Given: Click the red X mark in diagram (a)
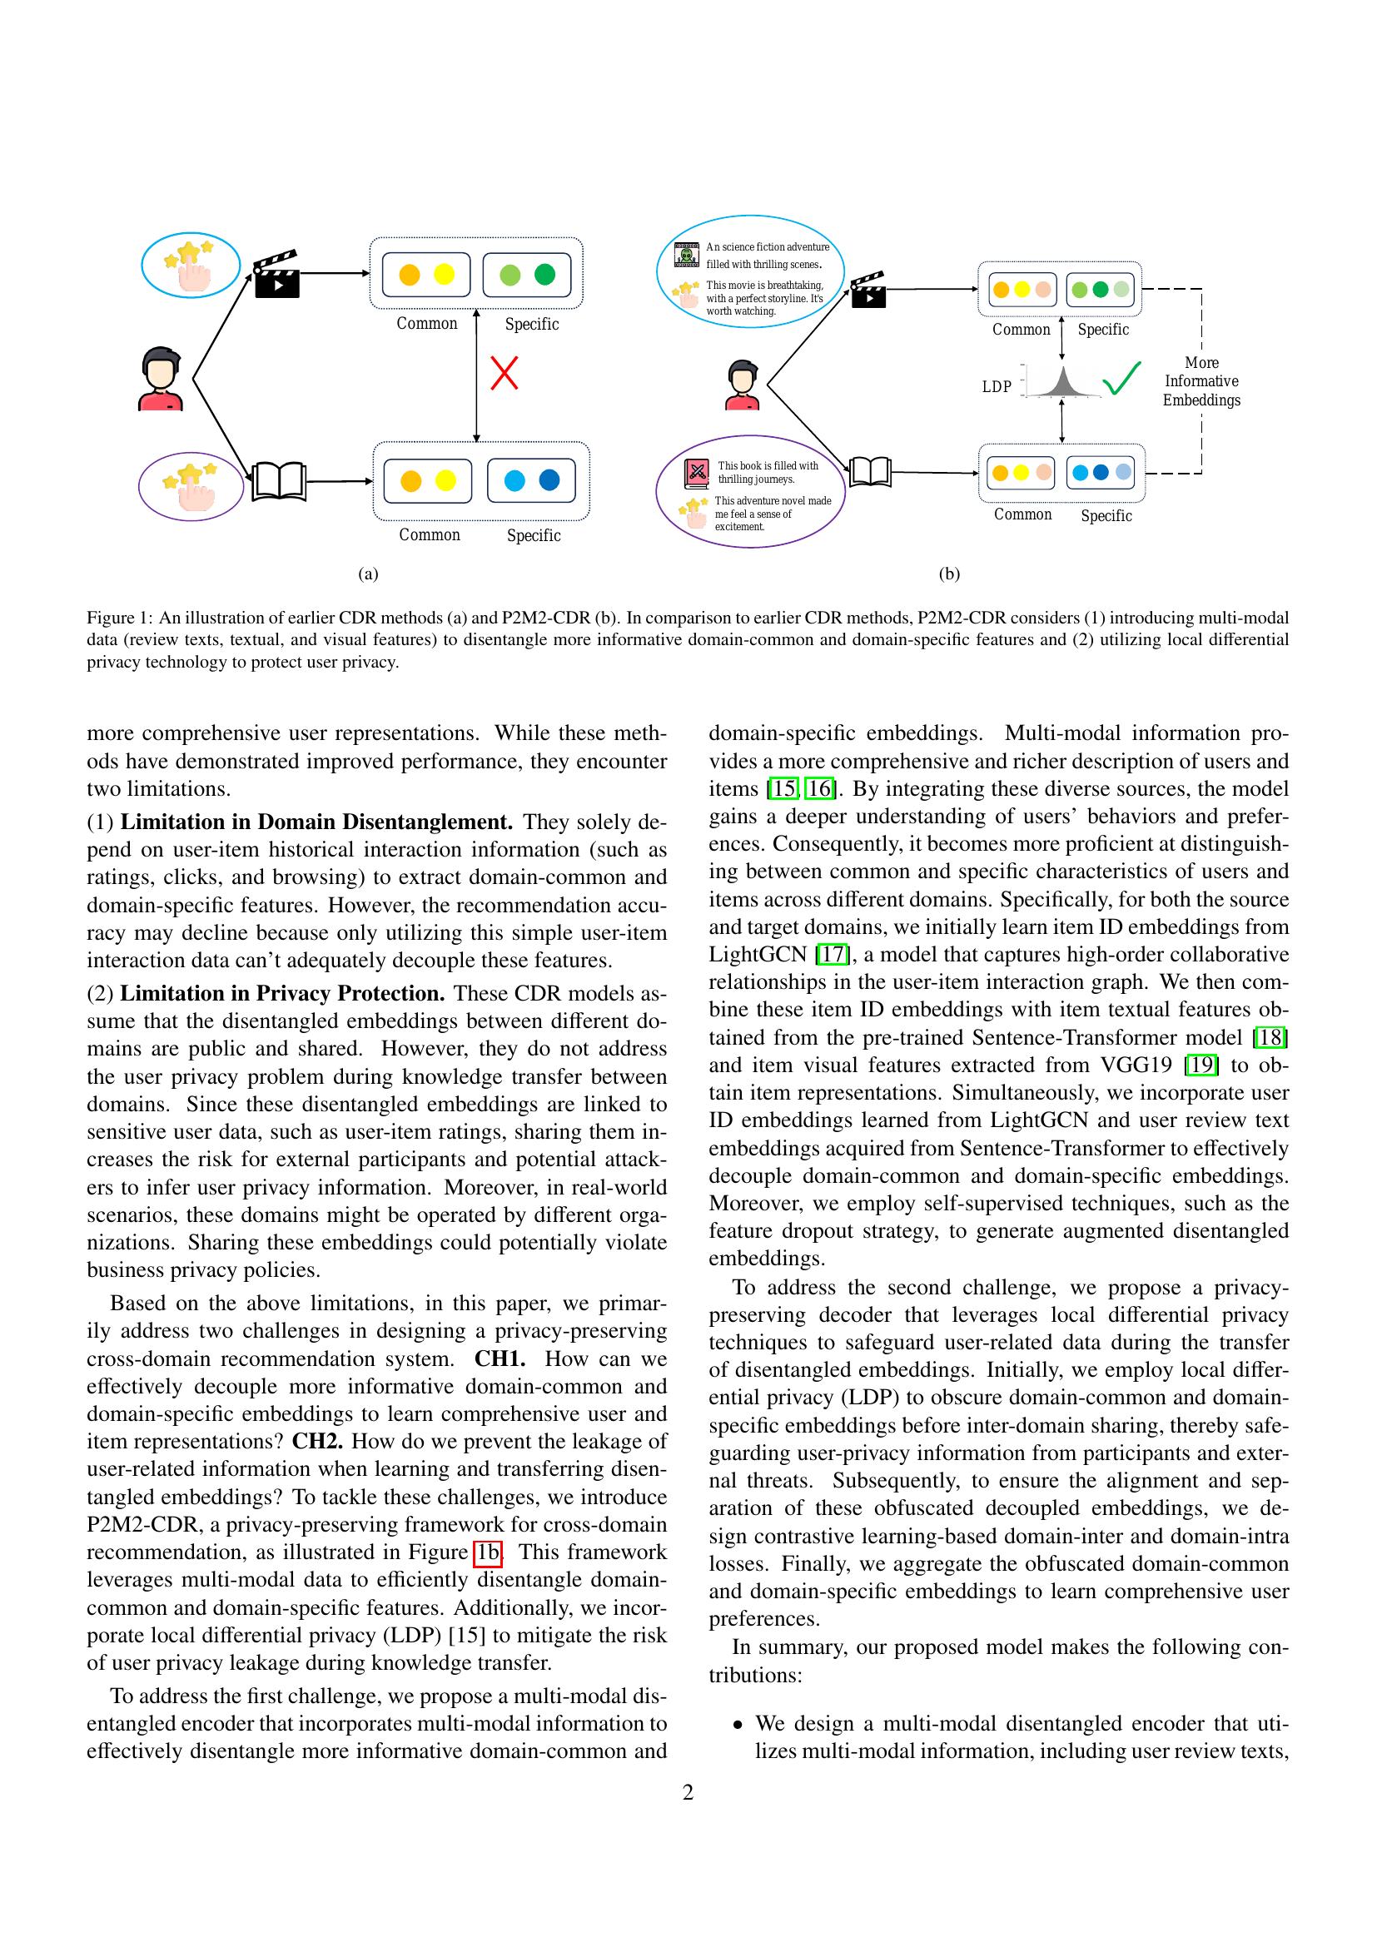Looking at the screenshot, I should (x=505, y=373).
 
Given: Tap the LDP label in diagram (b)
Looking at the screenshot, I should (x=997, y=387).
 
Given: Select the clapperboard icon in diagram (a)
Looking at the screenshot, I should (x=276, y=274).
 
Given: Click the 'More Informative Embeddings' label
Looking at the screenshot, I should (x=1201, y=381).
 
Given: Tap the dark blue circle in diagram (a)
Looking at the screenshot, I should (x=549, y=480).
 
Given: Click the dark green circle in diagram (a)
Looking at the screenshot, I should (x=545, y=274).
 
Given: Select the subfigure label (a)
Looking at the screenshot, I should (x=368, y=574).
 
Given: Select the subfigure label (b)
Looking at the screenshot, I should (x=949, y=574).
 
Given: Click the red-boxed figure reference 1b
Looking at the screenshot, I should (x=488, y=1552).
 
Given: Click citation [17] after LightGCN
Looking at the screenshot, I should (x=832, y=955).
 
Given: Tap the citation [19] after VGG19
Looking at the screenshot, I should (x=1201, y=1065).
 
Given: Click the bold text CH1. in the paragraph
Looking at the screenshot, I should (x=500, y=1359).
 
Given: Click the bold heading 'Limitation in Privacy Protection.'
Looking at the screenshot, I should (x=282, y=993).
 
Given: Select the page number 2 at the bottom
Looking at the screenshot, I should (x=688, y=1793).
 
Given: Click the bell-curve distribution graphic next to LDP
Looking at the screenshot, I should (x=1061, y=383).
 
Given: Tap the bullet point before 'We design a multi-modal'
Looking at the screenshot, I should (x=738, y=1724).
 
